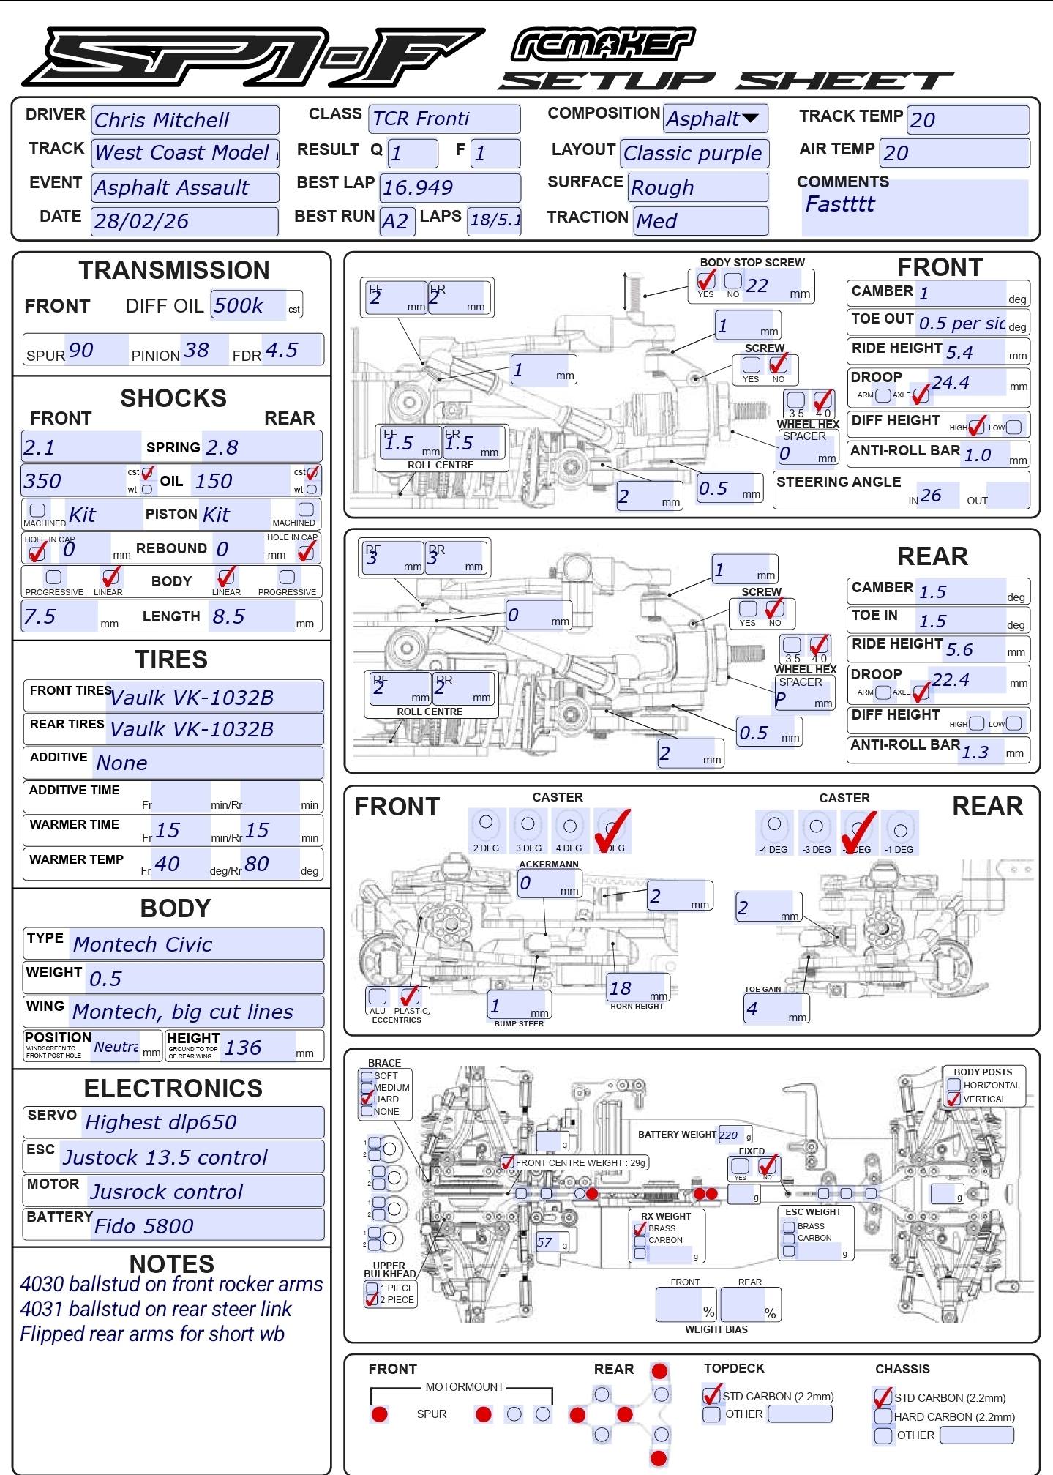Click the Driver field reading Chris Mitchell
pyautogui.click(x=184, y=120)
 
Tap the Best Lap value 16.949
pyautogui.click(x=450, y=187)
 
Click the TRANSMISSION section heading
pyautogui.click(x=174, y=270)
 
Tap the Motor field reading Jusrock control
pyautogui.click(x=204, y=1192)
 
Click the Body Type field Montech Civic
pyautogui.click(x=196, y=944)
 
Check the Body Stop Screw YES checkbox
pyautogui.click(x=705, y=280)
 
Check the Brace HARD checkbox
pyautogui.click(x=367, y=1099)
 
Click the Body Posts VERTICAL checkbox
pyautogui.click(x=953, y=1099)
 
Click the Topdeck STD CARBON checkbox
pyautogui.click(x=711, y=1395)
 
